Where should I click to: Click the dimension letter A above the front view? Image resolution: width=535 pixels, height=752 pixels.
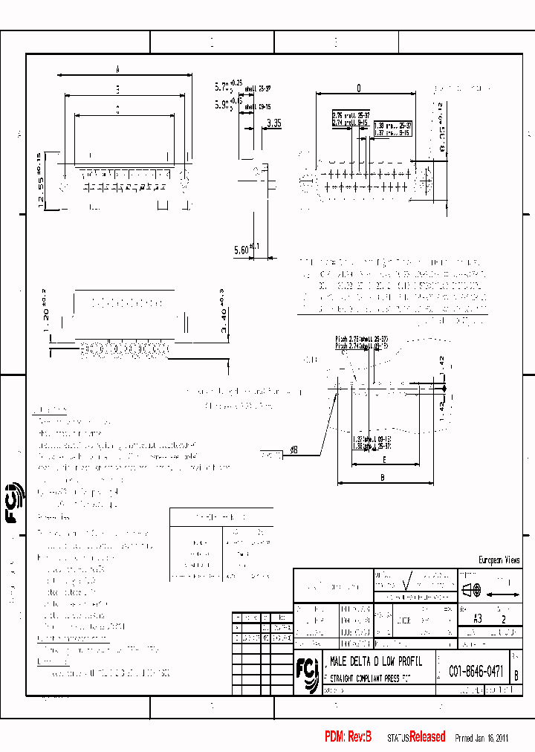point(118,69)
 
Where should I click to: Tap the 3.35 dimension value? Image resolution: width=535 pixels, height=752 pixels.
point(273,123)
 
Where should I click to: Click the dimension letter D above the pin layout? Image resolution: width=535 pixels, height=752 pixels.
point(358,88)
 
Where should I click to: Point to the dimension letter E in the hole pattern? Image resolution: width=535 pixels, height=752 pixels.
point(383,460)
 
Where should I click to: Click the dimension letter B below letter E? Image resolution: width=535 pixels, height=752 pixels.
point(383,478)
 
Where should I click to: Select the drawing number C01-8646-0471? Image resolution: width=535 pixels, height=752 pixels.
point(476,672)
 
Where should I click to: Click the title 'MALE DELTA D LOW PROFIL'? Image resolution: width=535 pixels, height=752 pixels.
point(376,661)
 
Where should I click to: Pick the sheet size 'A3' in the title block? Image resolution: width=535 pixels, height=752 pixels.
point(478,618)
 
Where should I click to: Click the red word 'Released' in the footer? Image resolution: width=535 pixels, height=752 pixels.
point(427,736)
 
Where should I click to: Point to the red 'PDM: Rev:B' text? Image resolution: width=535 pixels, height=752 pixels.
point(348,736)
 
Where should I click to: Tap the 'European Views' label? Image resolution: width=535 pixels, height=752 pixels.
point(499,560)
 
